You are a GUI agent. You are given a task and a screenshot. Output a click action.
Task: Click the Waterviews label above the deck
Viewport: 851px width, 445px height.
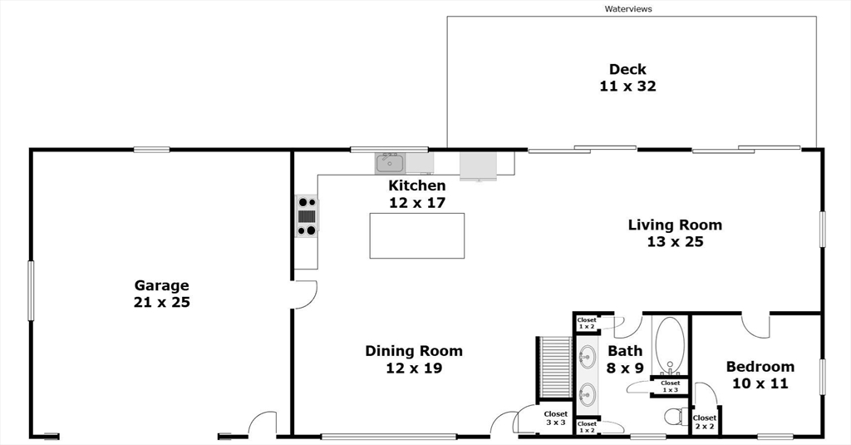[628, 8]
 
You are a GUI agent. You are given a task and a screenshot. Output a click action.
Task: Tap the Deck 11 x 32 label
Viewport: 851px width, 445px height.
[628, 77]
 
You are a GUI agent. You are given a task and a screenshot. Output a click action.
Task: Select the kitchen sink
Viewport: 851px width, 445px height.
[390, 163]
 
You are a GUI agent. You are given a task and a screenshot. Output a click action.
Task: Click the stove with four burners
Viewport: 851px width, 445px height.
[307, 216]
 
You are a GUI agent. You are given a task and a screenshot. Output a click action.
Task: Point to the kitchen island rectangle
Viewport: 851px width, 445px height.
[417, 236]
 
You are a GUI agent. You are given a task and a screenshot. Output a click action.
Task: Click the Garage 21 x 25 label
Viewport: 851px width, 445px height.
[162, 294]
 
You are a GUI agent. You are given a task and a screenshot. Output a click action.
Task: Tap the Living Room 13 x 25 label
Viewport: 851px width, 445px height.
[675, 233]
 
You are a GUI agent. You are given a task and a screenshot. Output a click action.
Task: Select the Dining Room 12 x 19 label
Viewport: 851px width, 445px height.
[414, 359]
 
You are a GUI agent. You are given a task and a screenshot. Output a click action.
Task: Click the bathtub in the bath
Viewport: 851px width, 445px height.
[670, 345]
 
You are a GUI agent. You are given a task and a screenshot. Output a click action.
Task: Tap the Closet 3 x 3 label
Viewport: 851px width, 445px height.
[556, 418]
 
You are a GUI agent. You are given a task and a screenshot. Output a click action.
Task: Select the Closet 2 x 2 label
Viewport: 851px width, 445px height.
[705, 422]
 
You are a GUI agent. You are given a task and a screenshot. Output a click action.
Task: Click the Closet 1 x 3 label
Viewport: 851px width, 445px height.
[671, 386]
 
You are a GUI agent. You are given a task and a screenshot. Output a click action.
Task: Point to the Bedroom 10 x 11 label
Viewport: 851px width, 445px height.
[760, 374]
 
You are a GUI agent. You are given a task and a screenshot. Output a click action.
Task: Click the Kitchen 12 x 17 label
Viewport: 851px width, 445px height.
[417, 194]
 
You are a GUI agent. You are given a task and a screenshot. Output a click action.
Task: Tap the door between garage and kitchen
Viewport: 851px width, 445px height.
[304, 294]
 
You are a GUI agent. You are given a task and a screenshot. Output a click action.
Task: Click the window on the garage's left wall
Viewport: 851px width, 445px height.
[31, 290]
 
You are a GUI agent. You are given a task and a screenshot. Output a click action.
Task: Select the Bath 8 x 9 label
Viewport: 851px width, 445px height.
[625, 359]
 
